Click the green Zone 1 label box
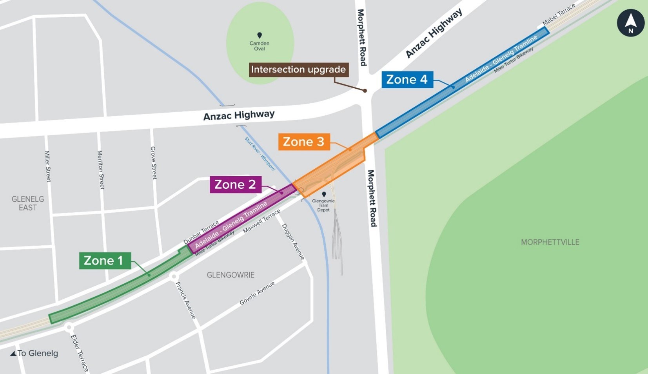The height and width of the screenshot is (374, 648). pos(105,261)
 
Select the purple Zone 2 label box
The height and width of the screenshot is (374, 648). pos(235,184)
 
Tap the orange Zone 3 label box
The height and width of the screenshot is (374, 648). pos(304,142)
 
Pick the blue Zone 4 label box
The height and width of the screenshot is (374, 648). pos(407,80)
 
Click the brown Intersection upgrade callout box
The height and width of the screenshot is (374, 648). pos(298,69)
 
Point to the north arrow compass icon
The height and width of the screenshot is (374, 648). pos(630,23)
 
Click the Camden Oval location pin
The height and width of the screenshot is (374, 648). pos(260,35)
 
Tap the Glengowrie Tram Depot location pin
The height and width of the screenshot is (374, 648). pos(324,194)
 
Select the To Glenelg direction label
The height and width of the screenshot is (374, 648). pos(34,353)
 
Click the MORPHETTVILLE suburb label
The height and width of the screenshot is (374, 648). pos(550,242)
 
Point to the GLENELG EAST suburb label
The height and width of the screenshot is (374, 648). pos(28,203)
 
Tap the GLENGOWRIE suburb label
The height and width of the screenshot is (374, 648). pos(231,275)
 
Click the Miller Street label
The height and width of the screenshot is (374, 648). pos(47,166)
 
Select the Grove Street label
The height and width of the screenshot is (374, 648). pos(153,163)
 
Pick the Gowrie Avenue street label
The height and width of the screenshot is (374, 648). pos(257,293)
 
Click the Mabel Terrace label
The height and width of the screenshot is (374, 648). pos(559,14)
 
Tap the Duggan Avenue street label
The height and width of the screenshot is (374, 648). pos(293,241)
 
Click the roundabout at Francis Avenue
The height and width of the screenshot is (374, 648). pos(174,276)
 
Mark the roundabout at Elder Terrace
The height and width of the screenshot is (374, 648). pos(69,327)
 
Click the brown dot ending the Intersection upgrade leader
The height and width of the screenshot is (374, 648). pos(365,91)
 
